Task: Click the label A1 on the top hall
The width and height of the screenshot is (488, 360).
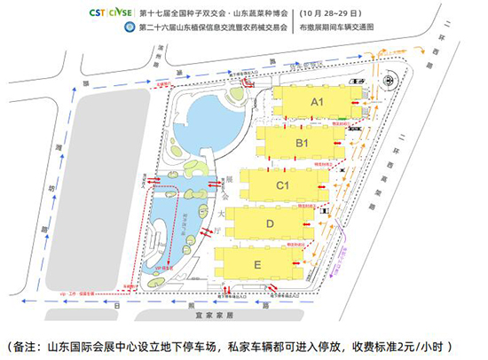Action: pos(317,102)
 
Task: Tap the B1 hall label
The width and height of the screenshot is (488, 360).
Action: pos(302,143)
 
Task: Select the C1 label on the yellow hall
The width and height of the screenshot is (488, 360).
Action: pos(284,185)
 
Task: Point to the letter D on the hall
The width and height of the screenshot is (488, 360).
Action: pos(270,224)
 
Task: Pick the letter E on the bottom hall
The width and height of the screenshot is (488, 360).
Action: pos(257,264)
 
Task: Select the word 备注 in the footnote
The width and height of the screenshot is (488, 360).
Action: pos(28,344)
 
